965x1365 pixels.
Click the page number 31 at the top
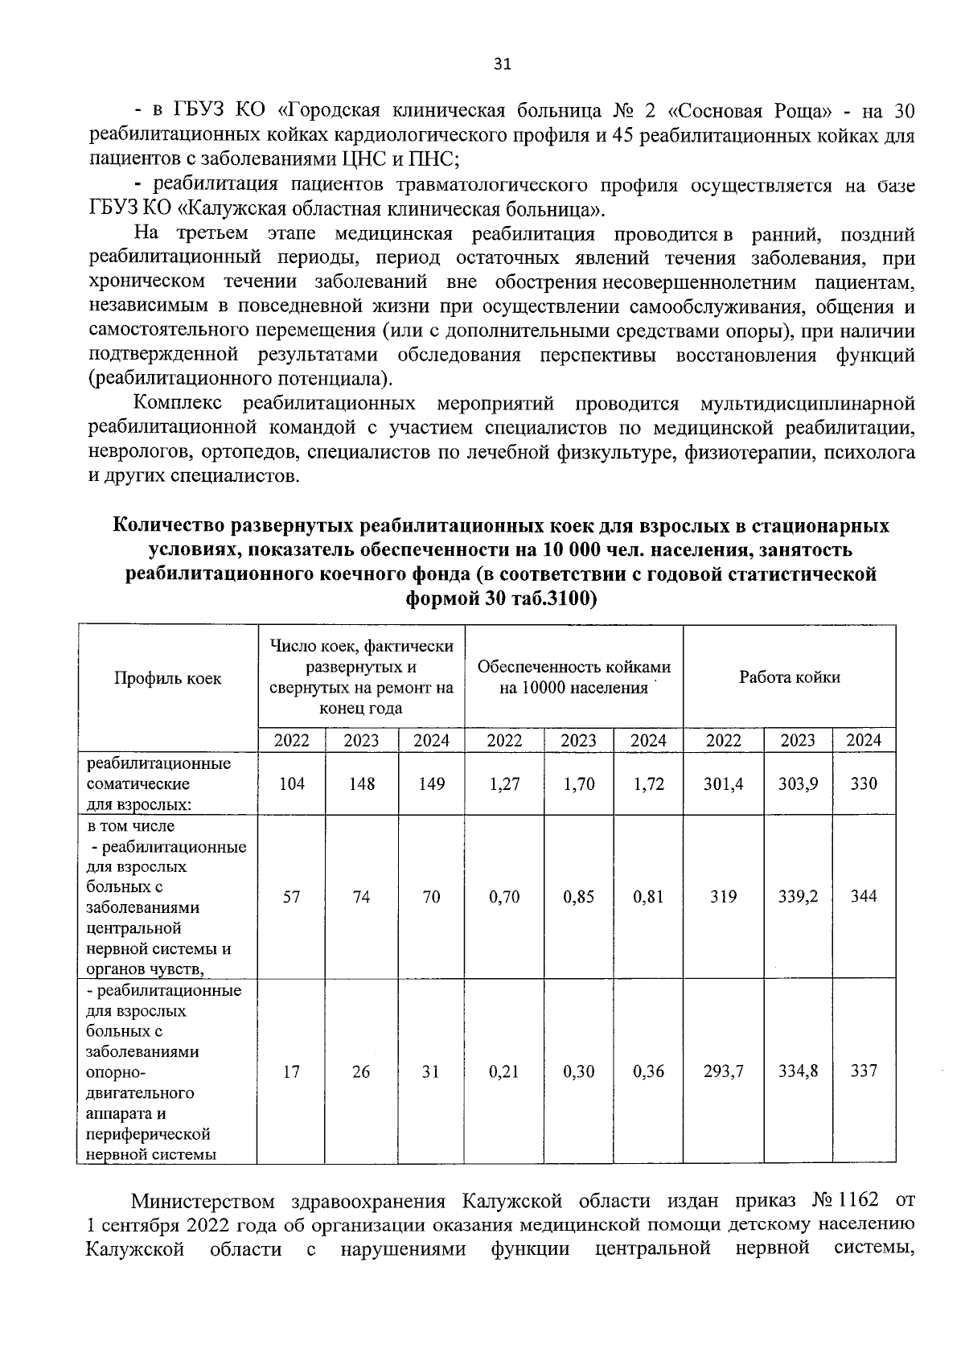(x=502, y=64)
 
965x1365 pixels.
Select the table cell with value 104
(x=291, y=783)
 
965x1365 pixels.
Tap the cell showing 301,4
(x=723, y=783)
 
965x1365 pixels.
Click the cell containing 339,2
(x=798, y=896)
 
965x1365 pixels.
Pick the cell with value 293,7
(x=723, y=1071)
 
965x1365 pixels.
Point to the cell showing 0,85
(x=578, y=896)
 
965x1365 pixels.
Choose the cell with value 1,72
(x=648, y=783)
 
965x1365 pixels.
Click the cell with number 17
(x=291, y=1071)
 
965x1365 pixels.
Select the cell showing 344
(x=864, y=896)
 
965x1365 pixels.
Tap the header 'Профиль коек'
(x=167, y=678)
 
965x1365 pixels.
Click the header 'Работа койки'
(x=789, y=677)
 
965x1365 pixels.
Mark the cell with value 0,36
(x=648, y=1071)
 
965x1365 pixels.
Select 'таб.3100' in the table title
(x=551, y=599)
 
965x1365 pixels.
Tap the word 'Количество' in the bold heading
(x=168, y=526)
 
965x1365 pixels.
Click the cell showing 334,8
(x=798, y=1071)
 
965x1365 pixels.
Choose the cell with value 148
(x=361, y=783)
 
